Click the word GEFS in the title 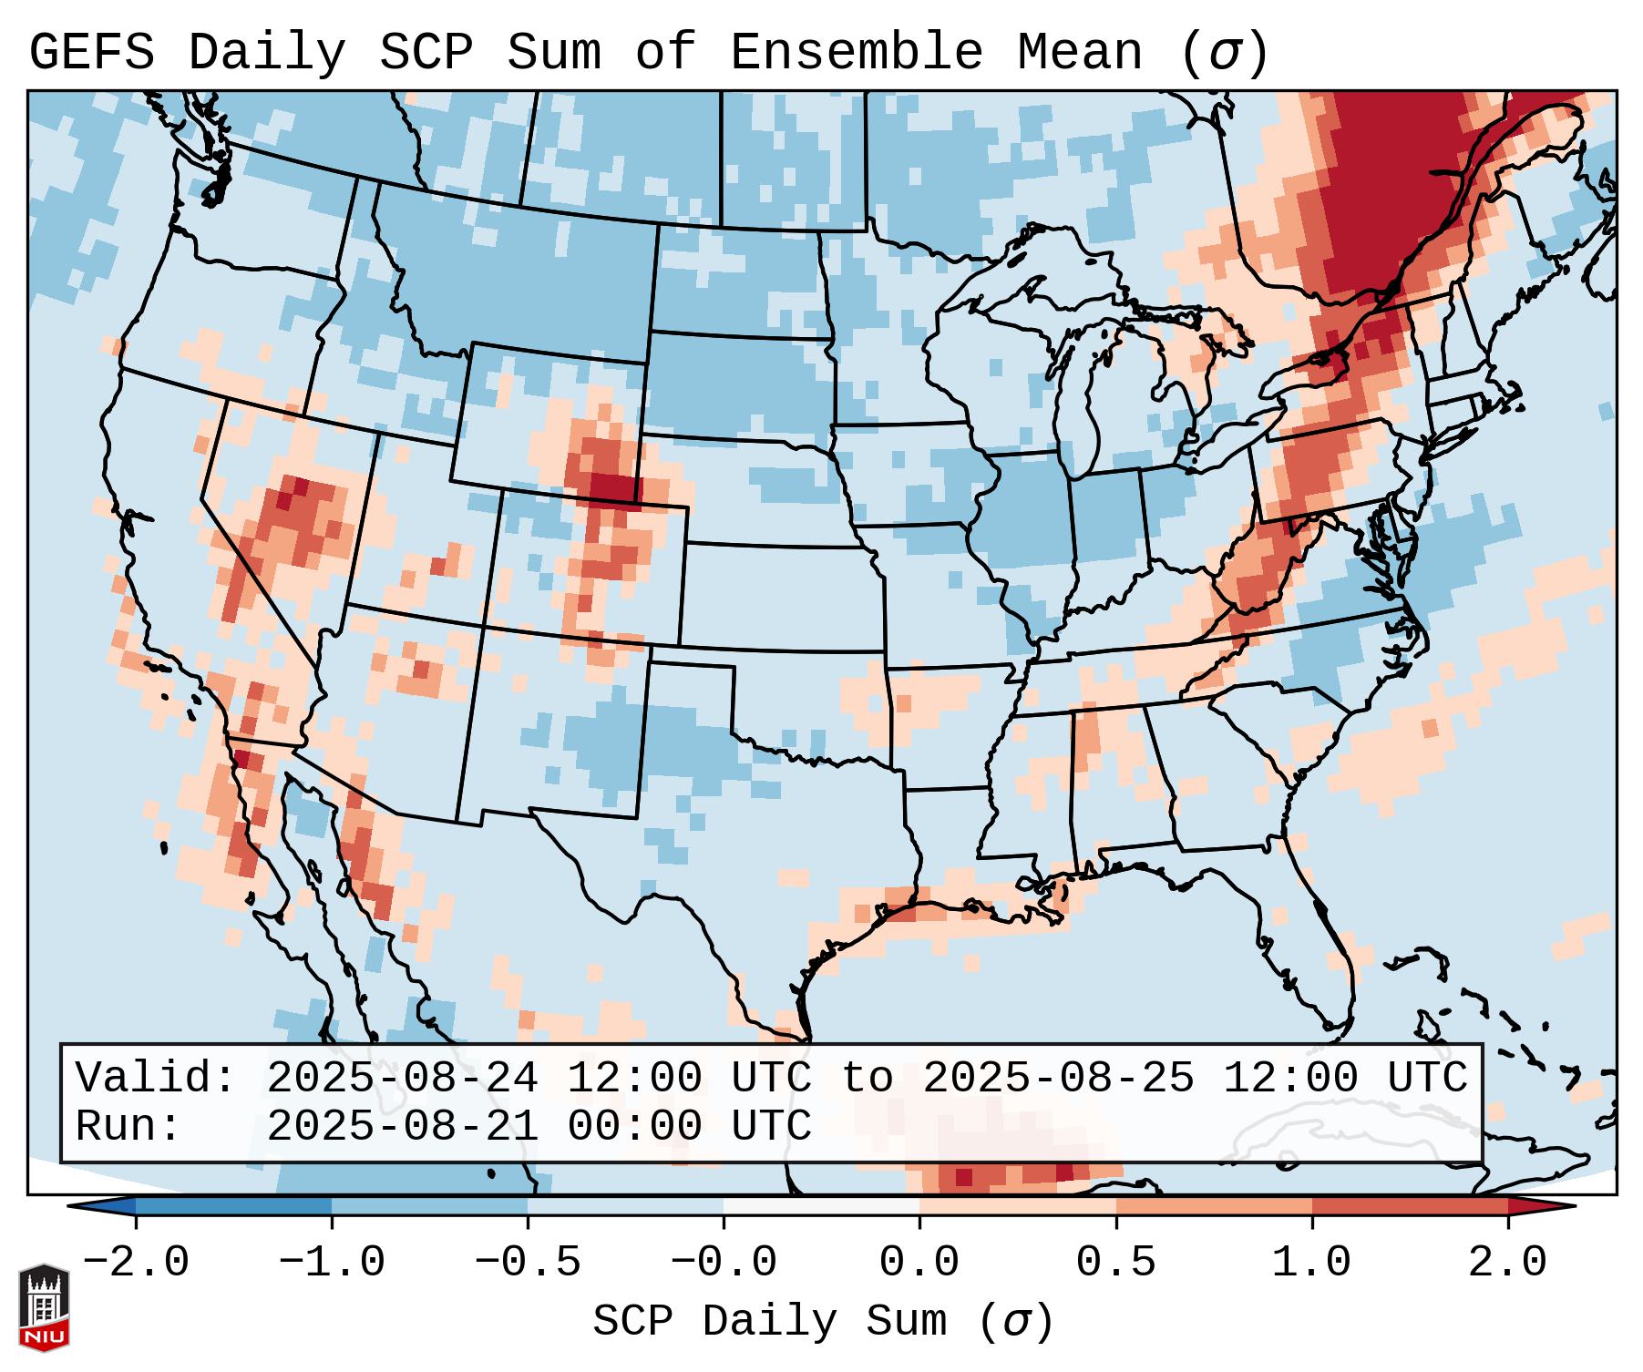(92, 52)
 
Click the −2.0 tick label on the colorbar (136, 1263)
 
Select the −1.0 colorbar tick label (332, 1263)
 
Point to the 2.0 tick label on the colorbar (1508, 1263)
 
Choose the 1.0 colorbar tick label (1312, 1263)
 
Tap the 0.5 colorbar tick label (1116, 1263)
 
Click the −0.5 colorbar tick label (528, 1263)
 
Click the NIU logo (44, 1307)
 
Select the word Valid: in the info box (156, 1079)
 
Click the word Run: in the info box (128, 1127)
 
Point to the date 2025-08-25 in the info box (1058, 1079)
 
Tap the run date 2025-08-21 (402, 1127)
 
